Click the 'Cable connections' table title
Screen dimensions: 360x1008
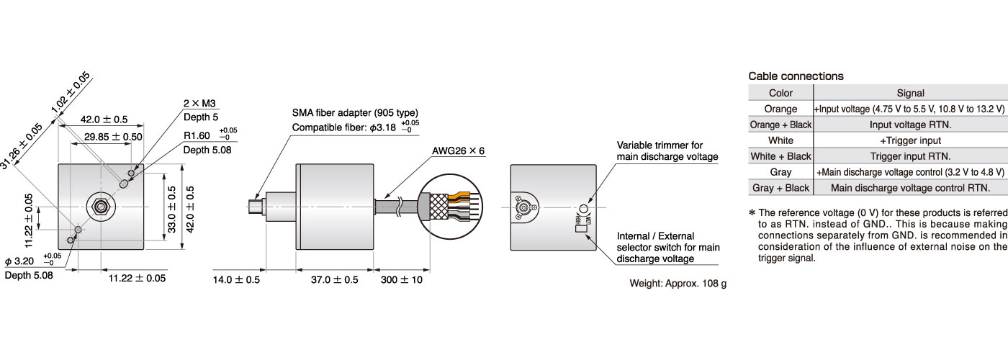coord(796,76)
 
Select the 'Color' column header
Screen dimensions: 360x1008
coord(780,93)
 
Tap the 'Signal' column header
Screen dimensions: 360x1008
coord(910,93)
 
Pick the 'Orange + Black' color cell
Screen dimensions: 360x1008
coord(780,125)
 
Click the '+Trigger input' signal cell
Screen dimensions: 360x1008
coord(910,140)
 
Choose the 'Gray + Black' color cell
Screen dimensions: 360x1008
coord(780,188)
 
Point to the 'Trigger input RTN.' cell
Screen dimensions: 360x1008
coord(910,156)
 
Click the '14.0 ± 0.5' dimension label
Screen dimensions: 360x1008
coord(236,279)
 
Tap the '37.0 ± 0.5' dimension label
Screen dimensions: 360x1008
coord(334,279)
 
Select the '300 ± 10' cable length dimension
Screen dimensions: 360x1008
coord(402,279)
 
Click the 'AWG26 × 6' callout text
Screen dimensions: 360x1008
coord(459,152)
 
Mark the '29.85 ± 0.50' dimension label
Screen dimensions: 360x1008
coord(113,136)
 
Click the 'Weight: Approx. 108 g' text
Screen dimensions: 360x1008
coord(678,283)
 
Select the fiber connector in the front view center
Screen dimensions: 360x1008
coord(100,207)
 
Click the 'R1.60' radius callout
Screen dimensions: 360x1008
coord(197,135)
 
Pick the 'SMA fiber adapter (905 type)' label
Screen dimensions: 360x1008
coord(355,113)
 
